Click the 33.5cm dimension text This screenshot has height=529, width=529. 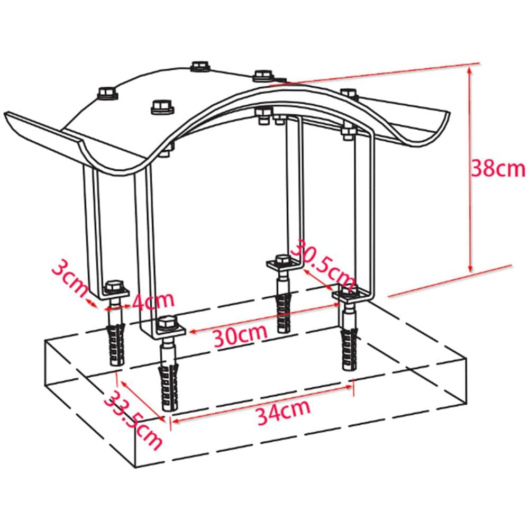pyautogui.click(x=133, y=420)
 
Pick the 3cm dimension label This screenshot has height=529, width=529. pyautogui.click(x=70, y=277)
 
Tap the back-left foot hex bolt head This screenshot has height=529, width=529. pyautogui.click(x=115, y=287)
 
